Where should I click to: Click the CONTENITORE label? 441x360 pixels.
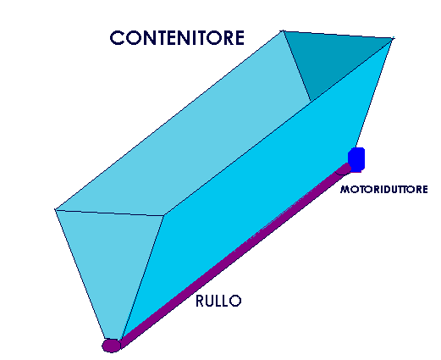tap(177, 38)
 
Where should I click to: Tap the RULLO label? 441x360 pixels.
tap(218, 301)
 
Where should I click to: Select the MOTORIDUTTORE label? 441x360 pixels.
tap(384, 189)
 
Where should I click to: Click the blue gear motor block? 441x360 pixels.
tap(356, 159)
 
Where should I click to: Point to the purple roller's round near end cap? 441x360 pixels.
tap(111, 346)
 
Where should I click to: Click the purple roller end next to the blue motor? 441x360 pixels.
tap(344, 169)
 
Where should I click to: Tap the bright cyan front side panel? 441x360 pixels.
tap(254, 180)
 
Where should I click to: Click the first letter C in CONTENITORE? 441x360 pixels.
tap(116, 38)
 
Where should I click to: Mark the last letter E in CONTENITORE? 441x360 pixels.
tap(240, 38)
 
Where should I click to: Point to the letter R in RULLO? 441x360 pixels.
tap(200, 301)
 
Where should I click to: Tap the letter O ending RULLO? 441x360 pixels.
tap(235, 301)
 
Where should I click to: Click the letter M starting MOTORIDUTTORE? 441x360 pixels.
tap(345, 189)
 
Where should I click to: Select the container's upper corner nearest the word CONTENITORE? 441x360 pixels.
tap(283, 30)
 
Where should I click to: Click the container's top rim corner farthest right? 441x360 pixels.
tap(393, 38)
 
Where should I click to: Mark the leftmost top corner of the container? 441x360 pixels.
tap(55, 209)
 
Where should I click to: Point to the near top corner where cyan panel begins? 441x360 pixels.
tap(164, 216)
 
